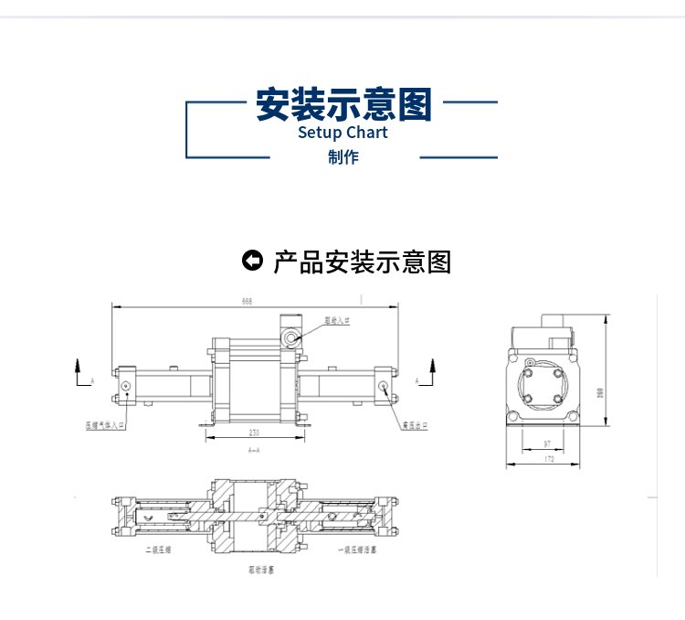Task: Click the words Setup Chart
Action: [342, 133]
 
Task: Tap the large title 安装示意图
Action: [342, 104]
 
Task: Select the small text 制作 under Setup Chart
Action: [343, 157]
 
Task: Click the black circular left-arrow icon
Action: [252, 262]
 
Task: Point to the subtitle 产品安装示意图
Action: [362, 262]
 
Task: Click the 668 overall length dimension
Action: [247, 300]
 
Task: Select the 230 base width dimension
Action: [254, 433]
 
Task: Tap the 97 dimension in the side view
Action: [547, 444]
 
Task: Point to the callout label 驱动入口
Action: [338, 322]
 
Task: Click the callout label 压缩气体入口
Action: [105, 425]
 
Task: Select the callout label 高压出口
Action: [414, 425]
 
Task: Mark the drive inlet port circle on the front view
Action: [291, 338]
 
